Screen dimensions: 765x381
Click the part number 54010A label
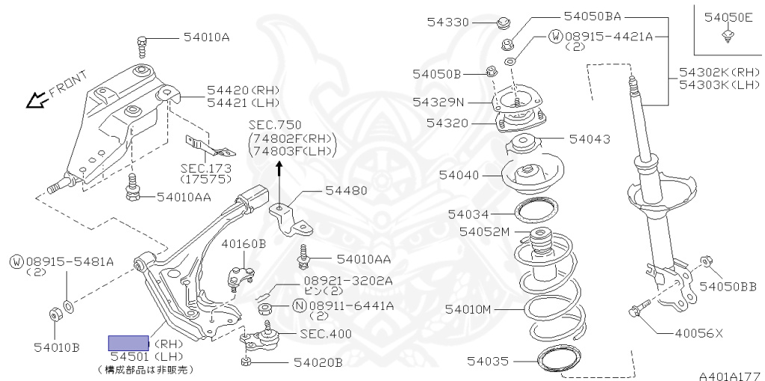(x=207, y=37)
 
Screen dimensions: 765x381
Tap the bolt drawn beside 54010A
(x=142, y=47)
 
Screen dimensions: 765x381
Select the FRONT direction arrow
(x=36, y=101)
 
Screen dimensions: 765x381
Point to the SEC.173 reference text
(x=205, y=168)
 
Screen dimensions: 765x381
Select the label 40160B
(x=244, y=244)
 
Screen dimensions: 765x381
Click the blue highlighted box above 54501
(x=128, y=343)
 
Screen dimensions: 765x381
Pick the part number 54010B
(x=57, y=348)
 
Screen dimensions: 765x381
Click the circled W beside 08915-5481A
(x=16, y=262)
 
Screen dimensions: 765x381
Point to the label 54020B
(x=318, y=362)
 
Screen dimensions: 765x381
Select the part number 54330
(x=448, y=22)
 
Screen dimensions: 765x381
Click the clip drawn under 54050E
(x=728, y=35)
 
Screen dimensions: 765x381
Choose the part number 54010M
(x=469, y=310)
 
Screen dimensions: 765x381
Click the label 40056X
(x=699, y=334)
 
